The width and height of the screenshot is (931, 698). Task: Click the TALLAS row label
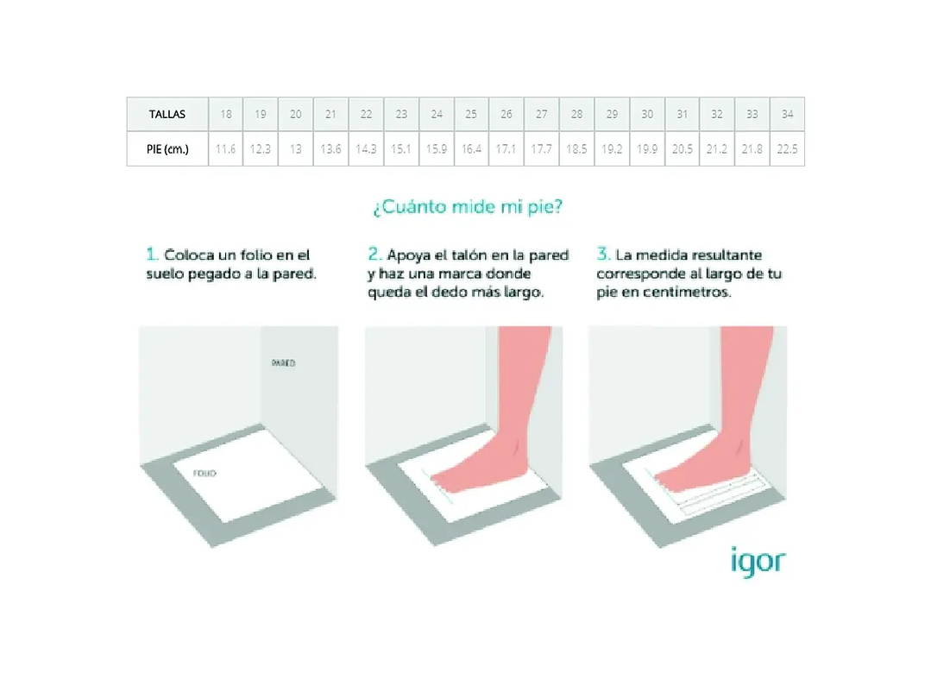[x=167, y=114]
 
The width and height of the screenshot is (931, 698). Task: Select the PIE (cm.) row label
[x=167, y=148]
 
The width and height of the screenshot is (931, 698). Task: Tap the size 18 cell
[x=226, y=114]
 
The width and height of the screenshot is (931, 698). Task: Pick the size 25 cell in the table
[x=471, y=114]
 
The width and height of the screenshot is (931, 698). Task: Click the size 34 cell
[x=787, y=114]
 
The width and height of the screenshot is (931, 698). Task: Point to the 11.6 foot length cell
[x=226, y=148]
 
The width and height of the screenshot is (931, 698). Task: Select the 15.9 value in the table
[x=437, y=148]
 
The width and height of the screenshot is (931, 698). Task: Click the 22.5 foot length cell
[x=787, y=148]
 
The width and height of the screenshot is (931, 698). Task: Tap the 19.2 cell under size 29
[x=612, y=148]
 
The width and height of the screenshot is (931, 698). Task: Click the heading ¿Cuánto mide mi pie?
[x=469, y=208]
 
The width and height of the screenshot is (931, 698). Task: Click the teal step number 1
[x=152, y=255]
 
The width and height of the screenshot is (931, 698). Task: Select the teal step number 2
[x=374, y=255]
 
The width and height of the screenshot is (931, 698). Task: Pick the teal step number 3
[x=603, y=255]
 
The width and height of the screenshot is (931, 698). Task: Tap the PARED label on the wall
[x=283, y=363]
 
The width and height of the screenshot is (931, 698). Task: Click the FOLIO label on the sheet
[x=204, y=474]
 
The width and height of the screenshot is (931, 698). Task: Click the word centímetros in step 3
[x=688, y=292]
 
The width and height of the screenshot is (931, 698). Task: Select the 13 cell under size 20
[x=296, y=148]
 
